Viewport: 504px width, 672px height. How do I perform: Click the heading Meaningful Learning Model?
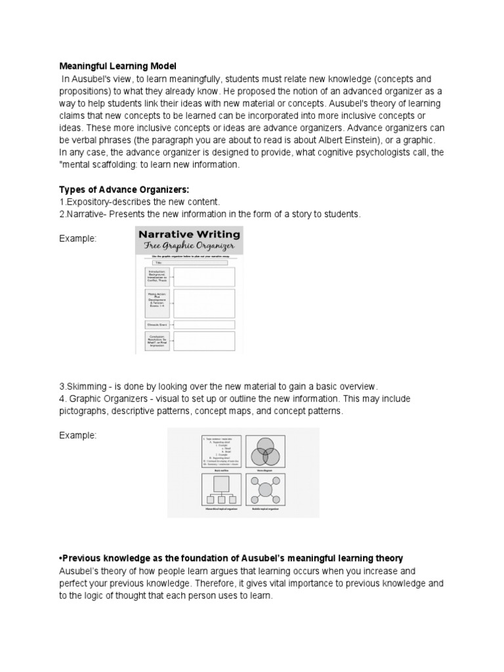pyautogui.click(x=118, y=66)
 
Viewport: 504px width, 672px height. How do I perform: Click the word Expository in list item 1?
pyautogui.click(x=87, y=201)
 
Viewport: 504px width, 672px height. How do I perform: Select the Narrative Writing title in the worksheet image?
pyautogui.click(x=189, y=234)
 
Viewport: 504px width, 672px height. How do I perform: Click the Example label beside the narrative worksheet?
pyautogui.click(x=78, y=239)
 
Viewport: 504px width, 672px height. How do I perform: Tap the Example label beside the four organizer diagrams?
pyautogui.click(x=78, y=436)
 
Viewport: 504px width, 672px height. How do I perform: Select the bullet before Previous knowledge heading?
pyautogui.click(x=62, y=558)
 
